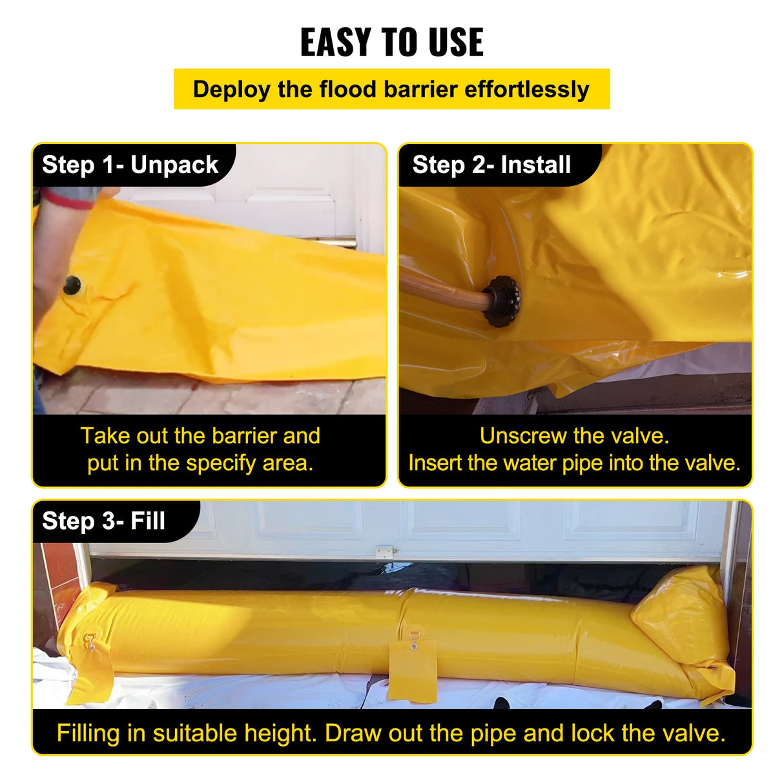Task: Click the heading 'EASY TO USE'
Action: click(391, 43)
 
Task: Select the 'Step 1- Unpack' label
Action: click(130, 165)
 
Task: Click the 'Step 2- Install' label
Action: click(491, 165)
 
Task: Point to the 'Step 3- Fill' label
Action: click(103, 521)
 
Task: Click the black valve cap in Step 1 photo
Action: click(72, 285)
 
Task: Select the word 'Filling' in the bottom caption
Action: click(88, 734)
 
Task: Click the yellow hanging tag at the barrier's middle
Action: click(412, 668)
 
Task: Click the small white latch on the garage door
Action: click(384, 552)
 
